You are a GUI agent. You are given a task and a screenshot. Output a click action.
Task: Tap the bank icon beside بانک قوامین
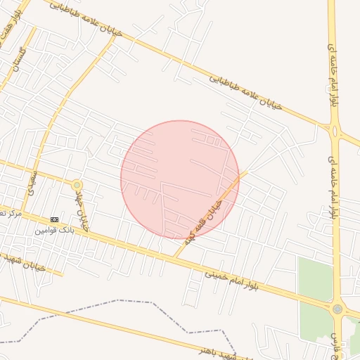point(55,219)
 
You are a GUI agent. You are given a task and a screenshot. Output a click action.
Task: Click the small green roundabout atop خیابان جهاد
point(77,185)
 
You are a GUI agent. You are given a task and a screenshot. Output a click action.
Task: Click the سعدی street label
point(32,180)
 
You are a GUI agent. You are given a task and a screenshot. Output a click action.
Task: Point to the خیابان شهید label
point(21,262)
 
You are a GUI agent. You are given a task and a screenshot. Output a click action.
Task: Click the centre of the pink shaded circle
point(180,179)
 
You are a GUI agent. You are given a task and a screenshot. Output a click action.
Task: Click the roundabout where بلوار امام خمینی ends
point(337,309)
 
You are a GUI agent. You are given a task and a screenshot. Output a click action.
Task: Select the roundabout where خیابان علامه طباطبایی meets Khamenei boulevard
point(335,129)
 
